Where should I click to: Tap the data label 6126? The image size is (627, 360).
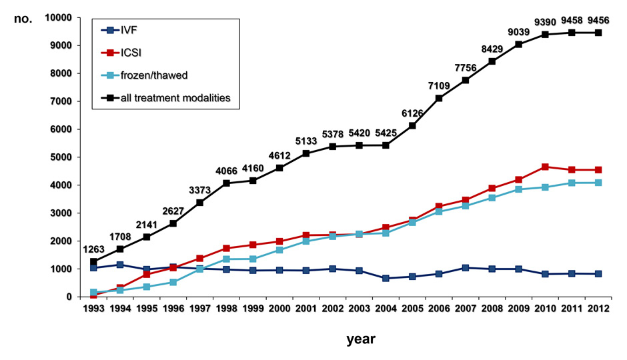[413, 112]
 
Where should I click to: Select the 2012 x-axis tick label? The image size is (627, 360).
[598, 308]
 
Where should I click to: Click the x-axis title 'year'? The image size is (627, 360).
[361, 339]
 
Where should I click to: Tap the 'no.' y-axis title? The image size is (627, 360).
[23, 18]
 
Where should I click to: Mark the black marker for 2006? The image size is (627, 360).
[439, 98]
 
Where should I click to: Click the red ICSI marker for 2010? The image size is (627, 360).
[545, 167]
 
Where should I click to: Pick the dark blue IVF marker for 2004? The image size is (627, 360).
[386, 278]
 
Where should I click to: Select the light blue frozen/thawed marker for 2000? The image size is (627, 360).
[279, 249]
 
